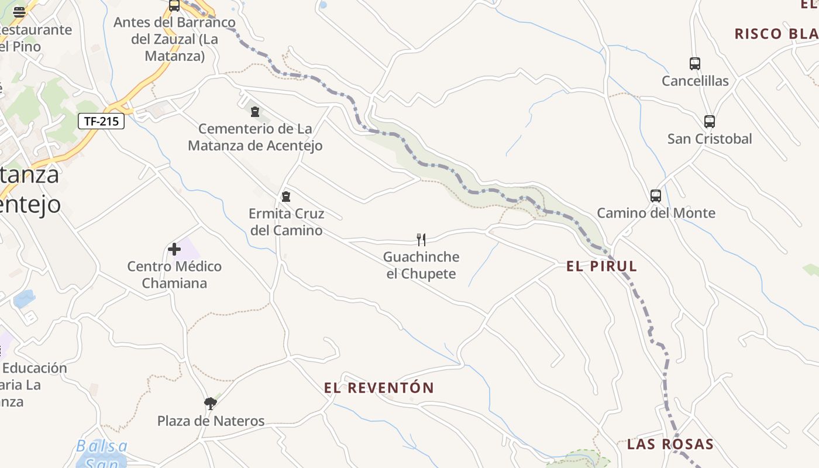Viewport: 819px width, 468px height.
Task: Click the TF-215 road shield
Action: tap(101, 121)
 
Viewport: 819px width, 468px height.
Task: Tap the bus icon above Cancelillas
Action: tap(695, 63)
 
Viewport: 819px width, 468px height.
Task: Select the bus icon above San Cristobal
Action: tap(710, 121)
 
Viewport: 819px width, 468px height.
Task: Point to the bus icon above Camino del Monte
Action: tap(656, 195)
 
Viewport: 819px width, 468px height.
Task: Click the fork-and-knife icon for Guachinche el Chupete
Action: tap(421, 239)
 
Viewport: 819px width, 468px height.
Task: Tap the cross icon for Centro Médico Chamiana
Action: tap(174, 249)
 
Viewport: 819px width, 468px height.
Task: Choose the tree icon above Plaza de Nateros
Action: tap(211, 403)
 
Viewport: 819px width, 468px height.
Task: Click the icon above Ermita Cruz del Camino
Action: tap(286, 196)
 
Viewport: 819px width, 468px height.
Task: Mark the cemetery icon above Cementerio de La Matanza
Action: tap(255, 111)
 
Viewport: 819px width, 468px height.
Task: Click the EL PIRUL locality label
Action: tap(601, 266)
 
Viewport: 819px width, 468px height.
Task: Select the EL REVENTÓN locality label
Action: tap(379, 387)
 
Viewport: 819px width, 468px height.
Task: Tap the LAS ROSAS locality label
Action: tap(670, 444)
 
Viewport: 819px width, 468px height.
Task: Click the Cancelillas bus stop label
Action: tap(695, 81)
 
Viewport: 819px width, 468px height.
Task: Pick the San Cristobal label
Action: tap(710, 139)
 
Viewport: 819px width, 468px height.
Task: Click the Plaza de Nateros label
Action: tap(211, 421)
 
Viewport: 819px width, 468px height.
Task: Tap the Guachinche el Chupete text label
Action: tap(421, 265)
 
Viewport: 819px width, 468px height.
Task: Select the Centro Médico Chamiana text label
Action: tap(174, 274)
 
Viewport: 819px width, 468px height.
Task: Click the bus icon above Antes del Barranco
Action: tap(174, 6)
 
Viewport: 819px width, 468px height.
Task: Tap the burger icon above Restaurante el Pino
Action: tap(19, 12)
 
